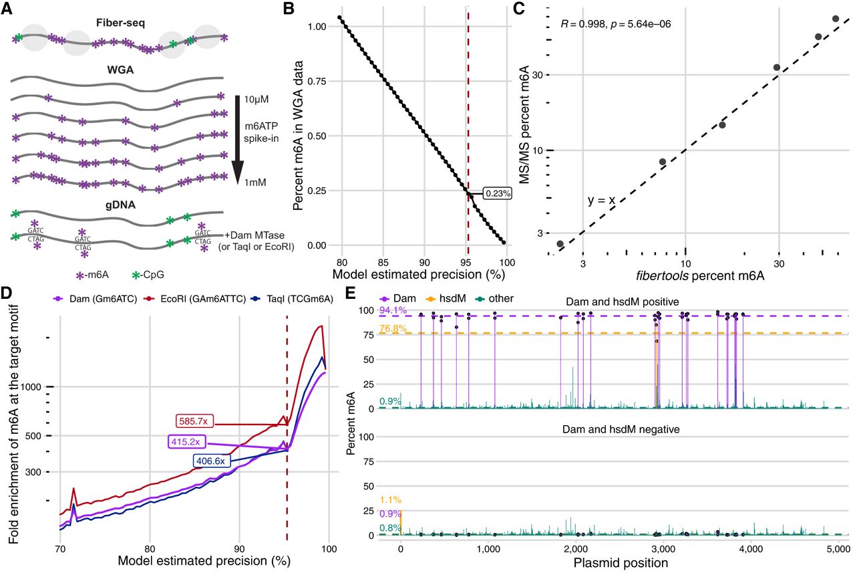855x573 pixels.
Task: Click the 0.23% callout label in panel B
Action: click(498, 194)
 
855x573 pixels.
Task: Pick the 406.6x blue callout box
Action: click(214, 460)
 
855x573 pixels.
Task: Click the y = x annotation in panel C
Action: click(603, 200)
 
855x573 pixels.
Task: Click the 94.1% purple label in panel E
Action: click(390, 310)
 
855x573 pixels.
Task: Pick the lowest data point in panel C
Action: click(560, 244)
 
